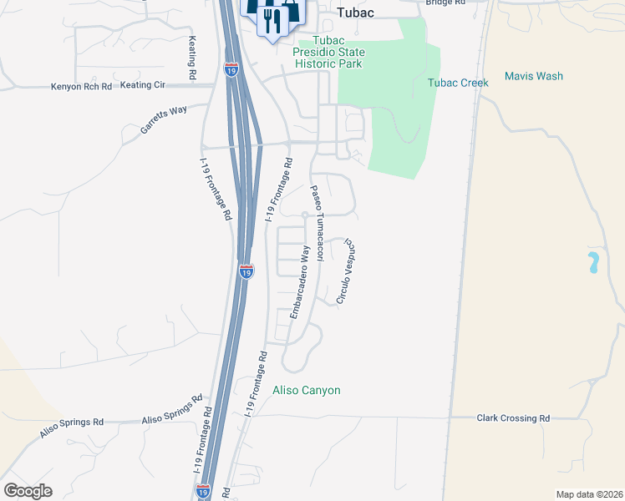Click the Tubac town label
click(x=355, y=13)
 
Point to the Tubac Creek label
click(x=458, y=83)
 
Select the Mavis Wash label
click(x=533, y=76)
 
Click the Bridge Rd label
click(x=445, y=3)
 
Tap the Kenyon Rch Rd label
click(x=82, y=86)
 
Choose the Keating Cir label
click(x=145, y=85)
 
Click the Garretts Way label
click(x=164, y=122)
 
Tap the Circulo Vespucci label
click(x=347, y=272)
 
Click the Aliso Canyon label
click(x=307, y=390)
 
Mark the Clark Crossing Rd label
click(x=513, y=417)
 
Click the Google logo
click(x=28, y=491)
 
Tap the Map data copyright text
click(x=590, y=494)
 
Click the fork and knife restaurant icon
click(x=272, y=21)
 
